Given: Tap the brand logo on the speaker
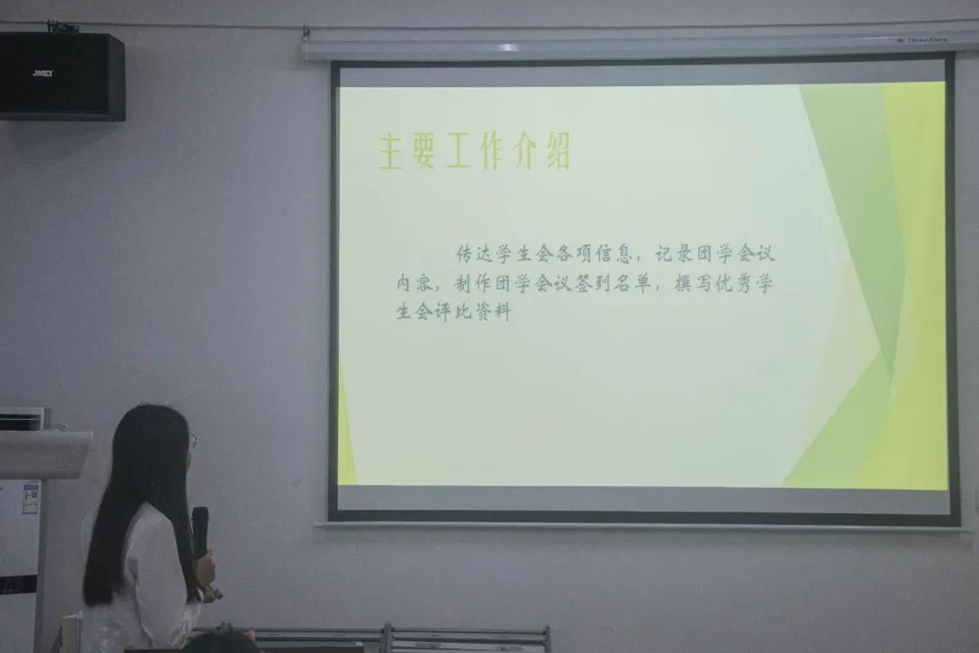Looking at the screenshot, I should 43,73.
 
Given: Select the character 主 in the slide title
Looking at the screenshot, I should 391,152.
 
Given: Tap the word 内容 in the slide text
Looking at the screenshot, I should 413,283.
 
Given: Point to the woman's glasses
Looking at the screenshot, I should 192,441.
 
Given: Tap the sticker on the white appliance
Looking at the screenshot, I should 30,499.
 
